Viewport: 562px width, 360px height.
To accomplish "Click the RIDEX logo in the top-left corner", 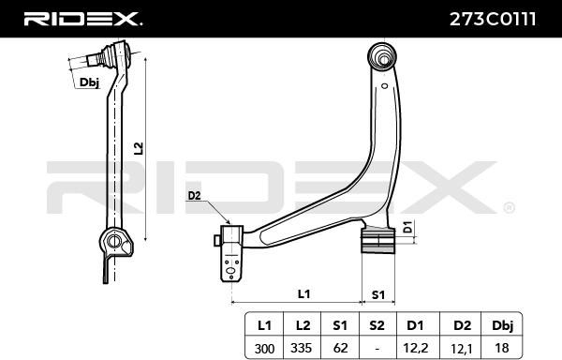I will [x=83, y=18].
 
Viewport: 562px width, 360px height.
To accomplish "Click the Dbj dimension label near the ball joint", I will [x=89, y=82].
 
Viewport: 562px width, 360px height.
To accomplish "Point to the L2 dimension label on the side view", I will [x=139, y=148].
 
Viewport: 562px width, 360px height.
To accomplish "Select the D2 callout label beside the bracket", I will [x=194, y=196].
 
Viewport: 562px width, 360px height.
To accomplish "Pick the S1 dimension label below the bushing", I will [x=377, y=293].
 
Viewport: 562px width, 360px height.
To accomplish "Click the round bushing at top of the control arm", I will [x=384, y=53].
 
